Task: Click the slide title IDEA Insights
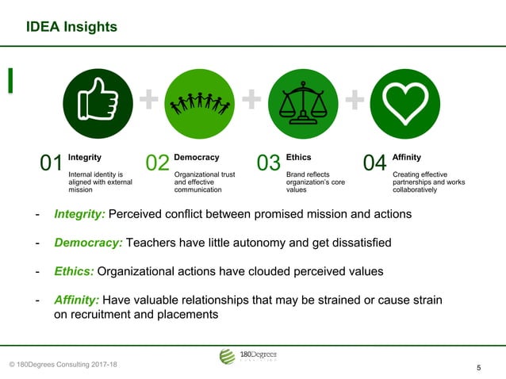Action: coord(71,28)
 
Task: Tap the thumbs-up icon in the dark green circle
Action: coord(98,103)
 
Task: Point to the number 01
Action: coord(52,164)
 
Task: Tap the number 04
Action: coord(374,164)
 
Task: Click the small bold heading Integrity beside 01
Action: coord(84,158)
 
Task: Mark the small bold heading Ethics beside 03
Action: coord(298,158)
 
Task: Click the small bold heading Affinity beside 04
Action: coord(406,158)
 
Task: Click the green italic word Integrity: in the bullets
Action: coord(79,214)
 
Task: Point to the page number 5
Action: coord(479,368)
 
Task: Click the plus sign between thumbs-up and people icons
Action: coord(148,99)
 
